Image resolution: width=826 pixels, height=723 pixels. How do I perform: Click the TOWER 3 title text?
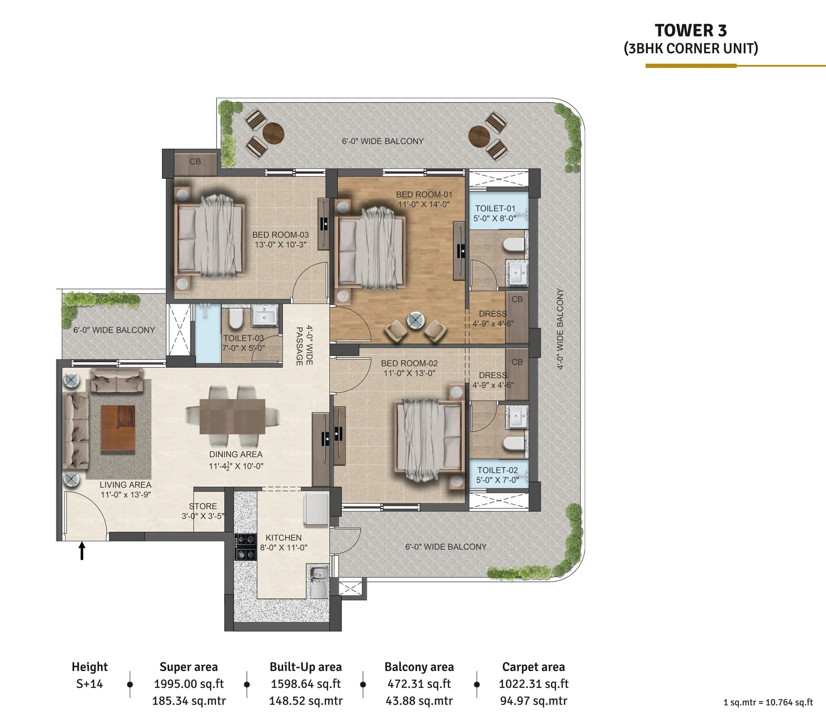coord(691,31)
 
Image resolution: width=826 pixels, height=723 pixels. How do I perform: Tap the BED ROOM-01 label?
coord(424,195)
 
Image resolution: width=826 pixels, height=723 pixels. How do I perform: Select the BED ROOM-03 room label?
coord(280,235)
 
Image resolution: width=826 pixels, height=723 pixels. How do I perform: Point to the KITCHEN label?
coord(284,538)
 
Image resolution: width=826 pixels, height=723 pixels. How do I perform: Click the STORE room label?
coord(203,506)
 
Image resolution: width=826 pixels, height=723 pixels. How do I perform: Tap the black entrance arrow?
coord(82,551)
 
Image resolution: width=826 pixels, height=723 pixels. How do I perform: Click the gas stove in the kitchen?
coord(246,547)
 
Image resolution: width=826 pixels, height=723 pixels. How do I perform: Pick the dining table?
coord(232,417)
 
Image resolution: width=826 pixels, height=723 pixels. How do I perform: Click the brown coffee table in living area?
coord(118,428)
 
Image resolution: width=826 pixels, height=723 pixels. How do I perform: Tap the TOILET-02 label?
coord(497,470)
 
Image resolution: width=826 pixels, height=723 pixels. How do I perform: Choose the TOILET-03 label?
coord(244,339)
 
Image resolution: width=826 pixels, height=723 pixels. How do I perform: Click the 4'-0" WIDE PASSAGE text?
coord(304,345)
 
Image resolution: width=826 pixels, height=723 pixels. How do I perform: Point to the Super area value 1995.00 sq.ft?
coord(189,684)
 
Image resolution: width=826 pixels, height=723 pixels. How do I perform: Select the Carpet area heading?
coord(534,667)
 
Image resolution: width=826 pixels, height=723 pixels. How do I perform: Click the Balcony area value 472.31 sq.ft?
coord(419,684)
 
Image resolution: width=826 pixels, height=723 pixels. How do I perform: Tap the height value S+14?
coord(89,684)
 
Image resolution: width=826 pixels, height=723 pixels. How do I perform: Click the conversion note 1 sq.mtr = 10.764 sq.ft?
coord(768,702)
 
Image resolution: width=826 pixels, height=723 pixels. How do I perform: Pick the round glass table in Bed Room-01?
coord(416,320)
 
